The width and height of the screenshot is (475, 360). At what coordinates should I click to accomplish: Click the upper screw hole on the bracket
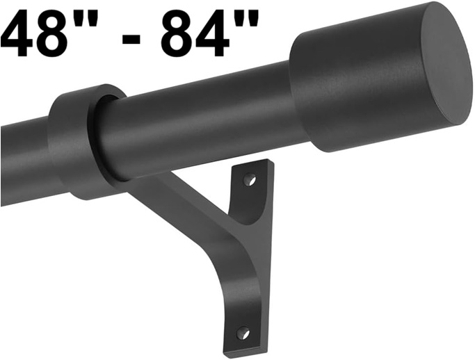click(x=250, y=180)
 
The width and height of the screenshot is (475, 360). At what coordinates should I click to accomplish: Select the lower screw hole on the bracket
click(x=243, y=333)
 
